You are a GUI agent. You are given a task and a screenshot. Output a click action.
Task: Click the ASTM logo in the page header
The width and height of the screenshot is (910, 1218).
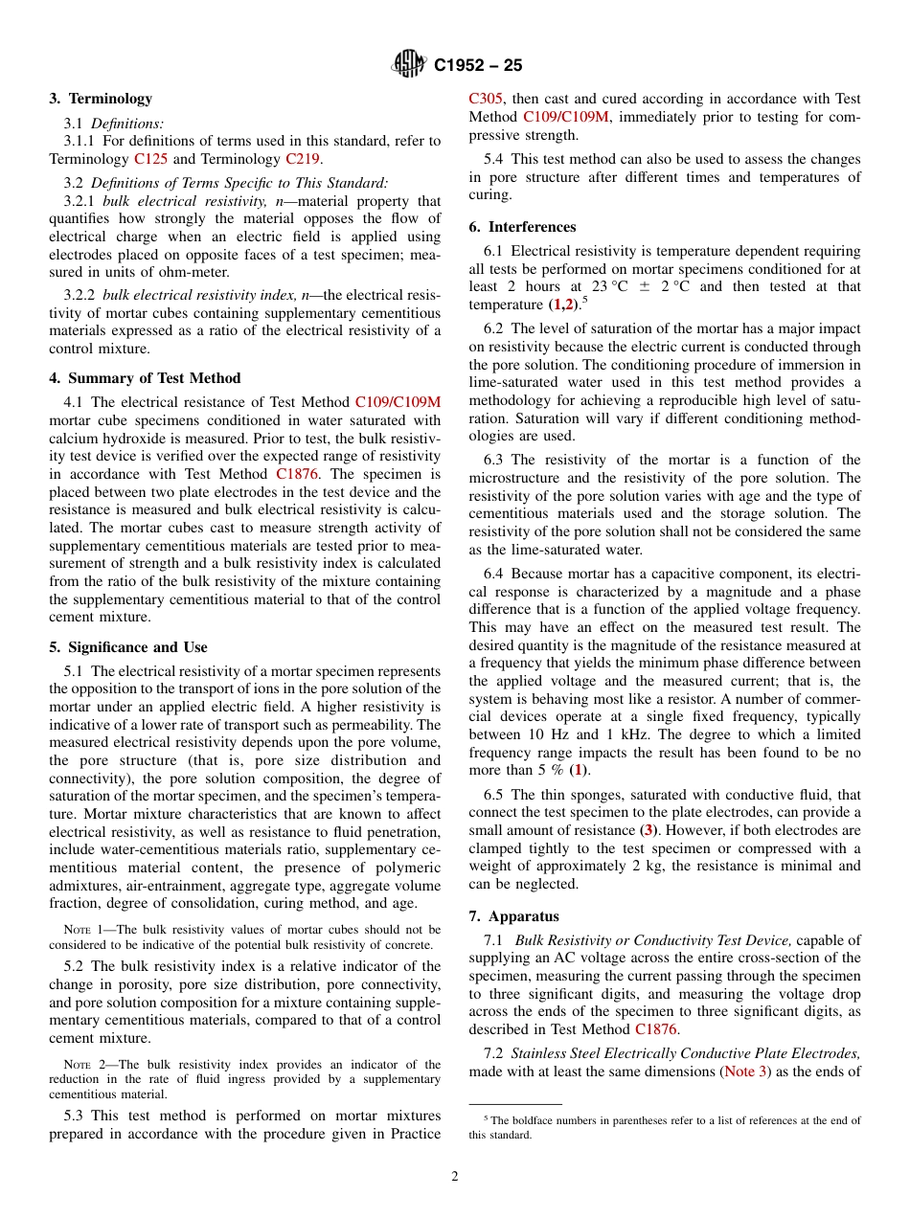point(409,65)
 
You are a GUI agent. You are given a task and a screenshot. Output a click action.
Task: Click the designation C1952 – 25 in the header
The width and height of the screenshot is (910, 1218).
point(478,66)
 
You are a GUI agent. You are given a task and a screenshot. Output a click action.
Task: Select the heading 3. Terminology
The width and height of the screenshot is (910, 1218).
point(101,99)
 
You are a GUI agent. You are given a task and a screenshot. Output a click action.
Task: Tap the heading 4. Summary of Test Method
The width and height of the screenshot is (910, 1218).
point(145,378)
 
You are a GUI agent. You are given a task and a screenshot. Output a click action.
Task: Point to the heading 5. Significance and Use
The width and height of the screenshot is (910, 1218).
point(128,647)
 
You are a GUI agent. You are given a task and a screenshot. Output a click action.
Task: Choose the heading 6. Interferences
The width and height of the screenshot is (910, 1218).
point(522,227)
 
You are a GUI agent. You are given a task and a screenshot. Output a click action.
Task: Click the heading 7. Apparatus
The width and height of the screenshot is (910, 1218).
point(513,916)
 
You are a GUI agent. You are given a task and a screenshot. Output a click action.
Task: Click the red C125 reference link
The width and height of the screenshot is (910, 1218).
point(150,159)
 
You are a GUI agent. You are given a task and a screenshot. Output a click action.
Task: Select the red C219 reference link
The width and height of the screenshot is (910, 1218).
point(303,159)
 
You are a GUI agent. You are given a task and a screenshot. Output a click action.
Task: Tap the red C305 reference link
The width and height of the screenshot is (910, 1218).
point(486,99)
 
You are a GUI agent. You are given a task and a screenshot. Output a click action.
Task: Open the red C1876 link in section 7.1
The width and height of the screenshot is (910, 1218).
point(656,1029)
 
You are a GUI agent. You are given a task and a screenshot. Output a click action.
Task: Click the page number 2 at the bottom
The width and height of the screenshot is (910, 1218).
point(455,1177)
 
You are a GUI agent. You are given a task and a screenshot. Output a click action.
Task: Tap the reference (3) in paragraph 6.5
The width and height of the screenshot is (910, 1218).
point(648,830)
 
